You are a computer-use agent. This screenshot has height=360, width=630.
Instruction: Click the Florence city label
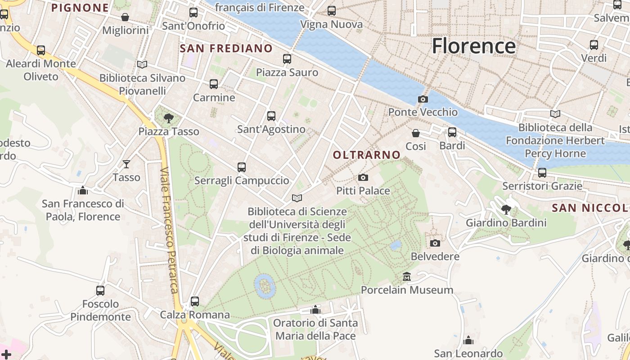click(474, 46)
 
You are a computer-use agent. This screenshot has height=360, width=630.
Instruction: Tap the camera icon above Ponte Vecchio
click(423, 99)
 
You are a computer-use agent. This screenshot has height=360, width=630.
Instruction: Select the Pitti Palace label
click(363, 191)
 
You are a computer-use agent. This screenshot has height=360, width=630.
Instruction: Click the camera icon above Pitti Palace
click(363, 178)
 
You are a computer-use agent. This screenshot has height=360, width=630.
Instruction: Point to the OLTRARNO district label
click(367, 155)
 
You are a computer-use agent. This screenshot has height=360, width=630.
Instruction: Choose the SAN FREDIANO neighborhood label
click(226, 49)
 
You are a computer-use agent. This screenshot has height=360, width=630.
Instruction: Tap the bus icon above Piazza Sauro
click(287, 59)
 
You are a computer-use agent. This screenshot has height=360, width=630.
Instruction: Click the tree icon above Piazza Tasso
click(169, 118)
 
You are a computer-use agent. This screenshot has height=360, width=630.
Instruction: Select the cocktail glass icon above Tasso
click(126, 164)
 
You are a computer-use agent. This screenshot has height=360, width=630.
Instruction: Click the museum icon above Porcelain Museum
click(407, 276)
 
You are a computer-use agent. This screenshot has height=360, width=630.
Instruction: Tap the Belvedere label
click(435, 256)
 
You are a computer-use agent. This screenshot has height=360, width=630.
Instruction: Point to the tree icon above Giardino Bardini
click(506, 210)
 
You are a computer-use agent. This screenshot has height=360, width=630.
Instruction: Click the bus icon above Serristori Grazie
click(542, 173)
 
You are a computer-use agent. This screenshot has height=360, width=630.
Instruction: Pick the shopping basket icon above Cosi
click(416, 133)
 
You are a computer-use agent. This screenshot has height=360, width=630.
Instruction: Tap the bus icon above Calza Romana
click(195, 301)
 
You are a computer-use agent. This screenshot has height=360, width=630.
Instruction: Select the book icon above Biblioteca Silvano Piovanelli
click(142, 65)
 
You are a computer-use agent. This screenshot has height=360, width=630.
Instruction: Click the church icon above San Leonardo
click(468, 340)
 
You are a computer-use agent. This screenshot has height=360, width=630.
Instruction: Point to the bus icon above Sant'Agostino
click(271, 116)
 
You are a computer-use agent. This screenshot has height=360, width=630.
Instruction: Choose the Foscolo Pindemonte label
click(100, 310)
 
